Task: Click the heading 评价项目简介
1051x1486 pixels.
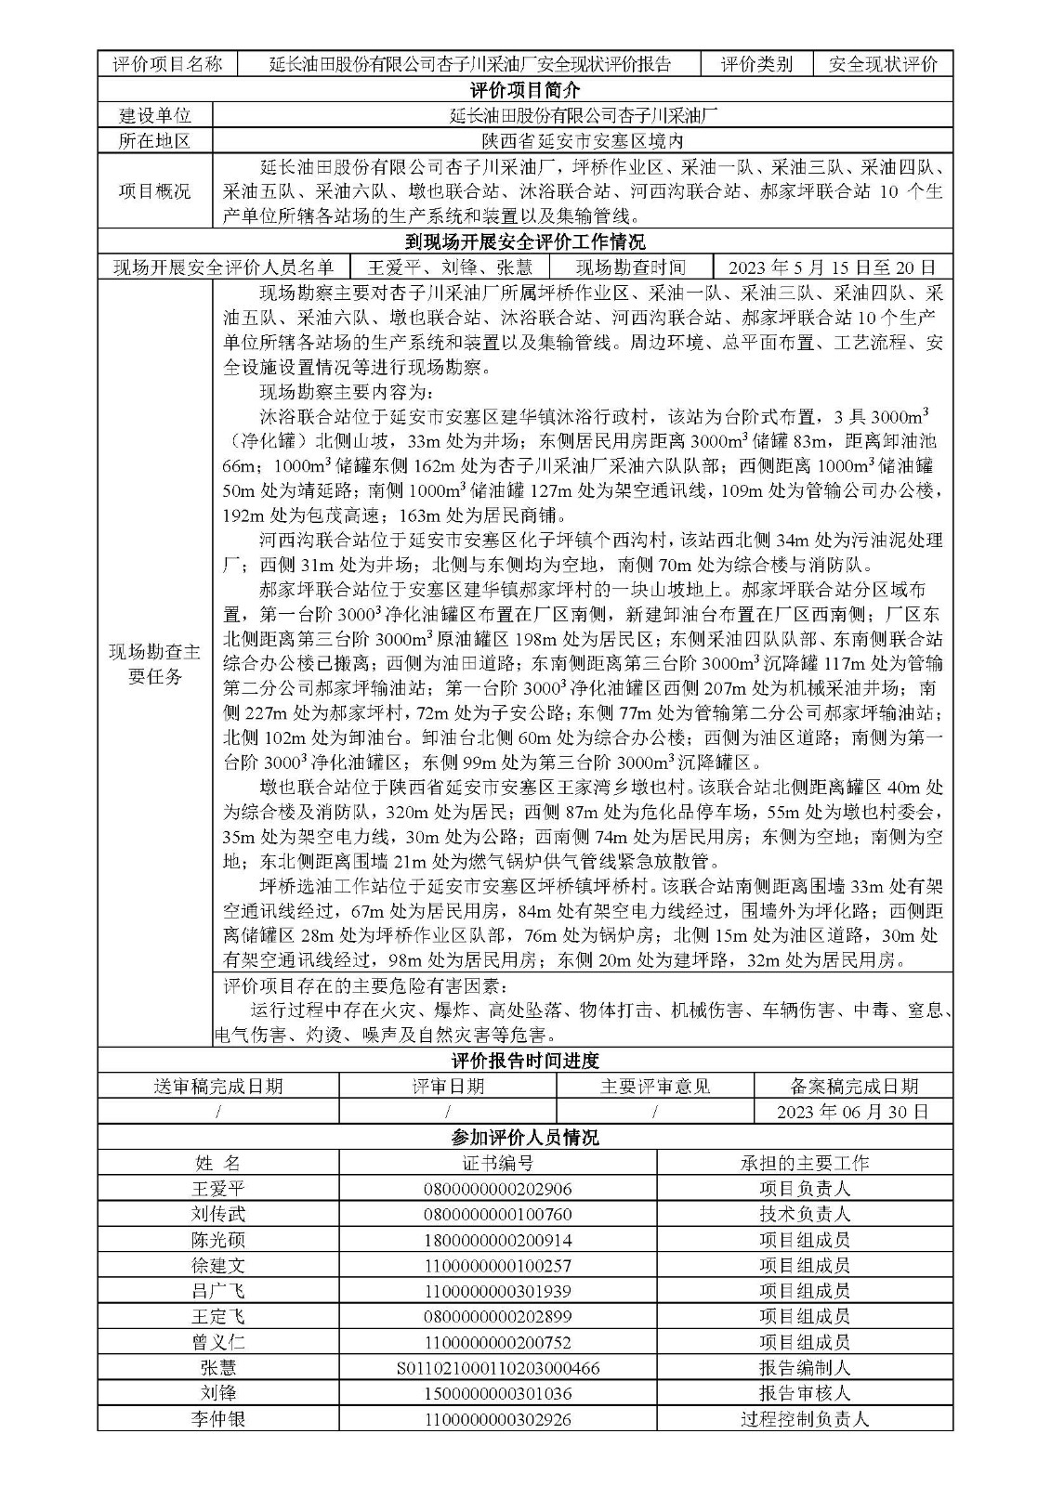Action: (x=525, y=90)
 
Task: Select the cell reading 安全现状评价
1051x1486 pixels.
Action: (x=883, y=64)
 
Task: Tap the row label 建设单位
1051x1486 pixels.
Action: (x=155, y=116)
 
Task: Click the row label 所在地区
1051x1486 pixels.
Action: (x=155, y=141)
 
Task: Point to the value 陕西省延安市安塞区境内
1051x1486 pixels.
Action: (x=583, y=141)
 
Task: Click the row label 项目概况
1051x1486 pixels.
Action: (x=155, y=191)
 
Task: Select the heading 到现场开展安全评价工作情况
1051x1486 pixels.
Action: (x=525, y=243)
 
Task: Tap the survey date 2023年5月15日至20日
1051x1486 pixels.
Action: (x=832, y=267)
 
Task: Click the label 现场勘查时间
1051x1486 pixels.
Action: (x=630, y=267)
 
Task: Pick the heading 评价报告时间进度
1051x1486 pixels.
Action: (x=525, y=1061)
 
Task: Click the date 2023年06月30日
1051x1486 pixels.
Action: (x=852, y=1112)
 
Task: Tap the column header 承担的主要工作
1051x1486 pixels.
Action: (x=804, y=1163)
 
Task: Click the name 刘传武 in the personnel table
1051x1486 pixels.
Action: (x=218, y=1214)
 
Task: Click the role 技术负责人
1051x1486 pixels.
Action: (x=804, y=1214)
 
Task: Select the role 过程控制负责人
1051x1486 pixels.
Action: (x=804, y=1419)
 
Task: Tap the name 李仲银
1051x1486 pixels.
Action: (x=218, y=1419)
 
